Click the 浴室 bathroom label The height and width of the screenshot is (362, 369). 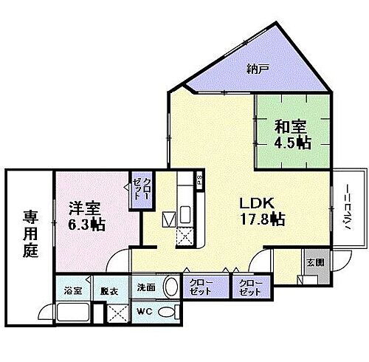(72, 290)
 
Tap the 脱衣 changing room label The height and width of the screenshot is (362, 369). (108, 290)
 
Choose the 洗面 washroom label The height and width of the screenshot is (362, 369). (145, 287)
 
